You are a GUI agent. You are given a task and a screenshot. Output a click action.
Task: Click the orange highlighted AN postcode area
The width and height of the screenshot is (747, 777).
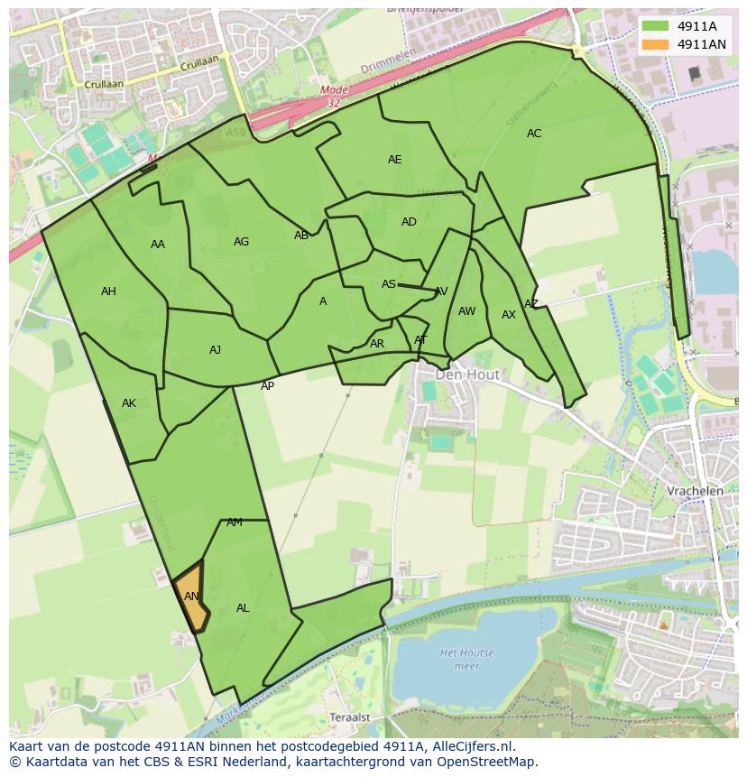[x=190, y=597]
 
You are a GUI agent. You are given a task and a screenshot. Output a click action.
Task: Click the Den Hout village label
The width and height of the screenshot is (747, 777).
[x=467, y=374]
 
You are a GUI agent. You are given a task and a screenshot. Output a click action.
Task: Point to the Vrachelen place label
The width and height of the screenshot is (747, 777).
[x=695, y=491]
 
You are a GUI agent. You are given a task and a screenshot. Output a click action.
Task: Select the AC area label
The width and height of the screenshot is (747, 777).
[x=534, y=134]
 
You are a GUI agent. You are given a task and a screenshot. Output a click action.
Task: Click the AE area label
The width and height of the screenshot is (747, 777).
[x=394, y=160]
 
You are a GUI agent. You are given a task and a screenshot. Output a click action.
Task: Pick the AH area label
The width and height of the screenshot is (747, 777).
[x=108, y=291]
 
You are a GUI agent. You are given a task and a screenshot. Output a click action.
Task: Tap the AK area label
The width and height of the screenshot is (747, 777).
[x=129, y=403]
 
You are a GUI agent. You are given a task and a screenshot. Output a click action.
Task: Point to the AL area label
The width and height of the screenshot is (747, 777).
[x=243, y=608]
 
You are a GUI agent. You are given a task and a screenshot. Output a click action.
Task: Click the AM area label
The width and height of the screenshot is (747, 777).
[x=235, y=523]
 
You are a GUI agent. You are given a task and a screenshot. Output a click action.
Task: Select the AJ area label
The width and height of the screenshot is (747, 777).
[x=215, y=350]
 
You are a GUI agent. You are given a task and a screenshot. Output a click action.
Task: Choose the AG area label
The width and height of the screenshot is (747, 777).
[x=241, y=242]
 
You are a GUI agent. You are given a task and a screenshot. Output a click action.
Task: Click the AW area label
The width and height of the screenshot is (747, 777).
[x=466, y=311]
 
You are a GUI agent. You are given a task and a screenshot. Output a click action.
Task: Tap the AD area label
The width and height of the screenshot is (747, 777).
[x=409, y=222]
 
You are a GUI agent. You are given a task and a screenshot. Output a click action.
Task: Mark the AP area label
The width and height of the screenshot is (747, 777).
[x=267, y=386]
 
